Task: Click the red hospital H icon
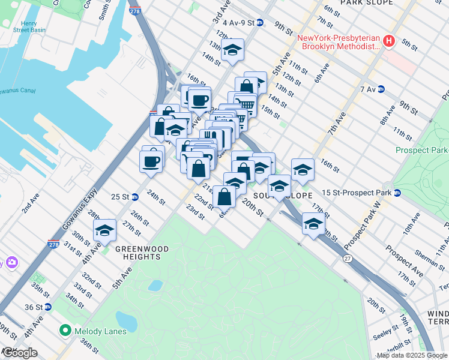[388, 41]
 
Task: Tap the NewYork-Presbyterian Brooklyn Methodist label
[340, 41]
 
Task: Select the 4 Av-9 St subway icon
[260, 23]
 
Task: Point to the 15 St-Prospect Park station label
[356, 193]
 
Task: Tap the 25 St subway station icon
[136, 196]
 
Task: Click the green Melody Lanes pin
[64, 331]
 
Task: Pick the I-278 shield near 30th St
[53, 244]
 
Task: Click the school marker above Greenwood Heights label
[104, 230]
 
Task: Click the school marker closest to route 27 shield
[313, 223]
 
